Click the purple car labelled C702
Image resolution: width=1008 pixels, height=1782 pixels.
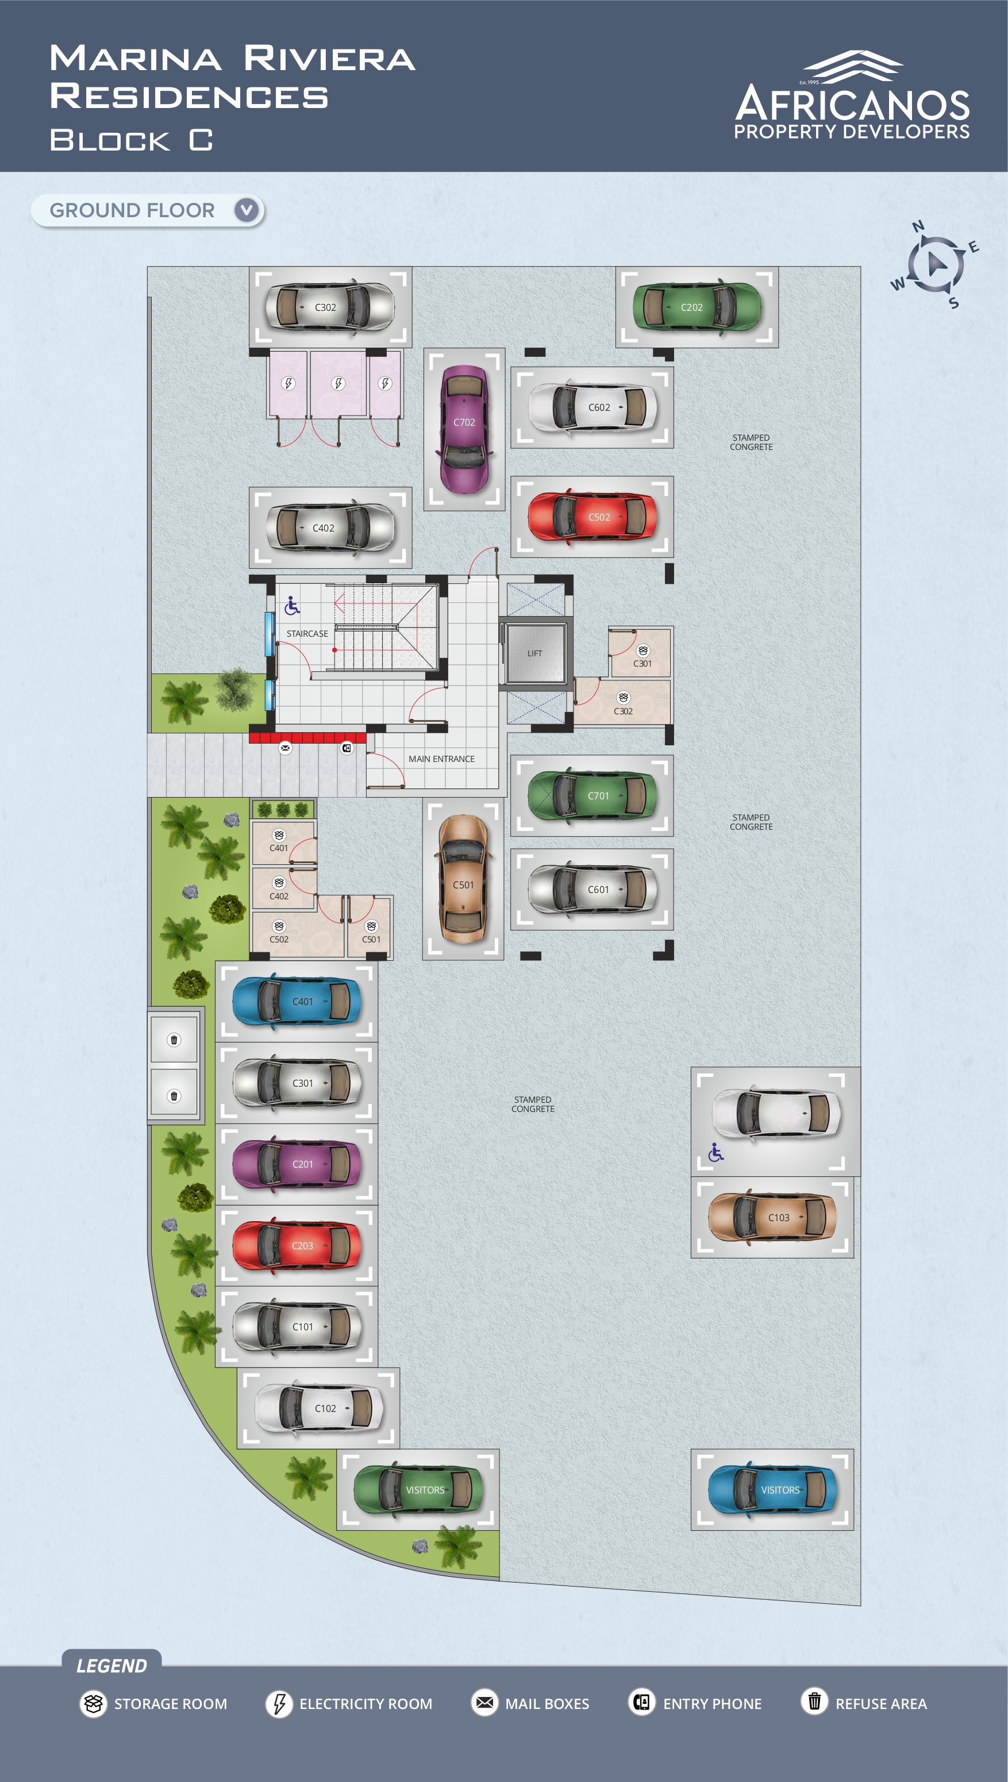pos(464,429)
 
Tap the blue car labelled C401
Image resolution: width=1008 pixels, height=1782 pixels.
pos(297,1002)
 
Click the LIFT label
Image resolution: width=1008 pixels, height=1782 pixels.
pos(534,653)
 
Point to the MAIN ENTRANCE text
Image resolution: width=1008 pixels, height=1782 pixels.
pos(442,759)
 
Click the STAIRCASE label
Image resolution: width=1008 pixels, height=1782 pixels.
pos(307,633)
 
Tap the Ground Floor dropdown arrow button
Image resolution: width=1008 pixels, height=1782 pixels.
pos(247,210)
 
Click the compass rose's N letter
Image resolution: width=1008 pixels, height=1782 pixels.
pos(918,226)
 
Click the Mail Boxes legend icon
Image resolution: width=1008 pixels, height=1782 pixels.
pos(484,1703)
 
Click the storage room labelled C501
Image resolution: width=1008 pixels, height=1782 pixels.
pos(370,927)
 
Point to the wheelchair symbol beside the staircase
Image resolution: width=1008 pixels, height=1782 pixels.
pos(292,606)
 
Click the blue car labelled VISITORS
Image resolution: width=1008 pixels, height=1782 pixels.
pos(772,1490)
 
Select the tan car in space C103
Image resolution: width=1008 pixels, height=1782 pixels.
pos(772,1217)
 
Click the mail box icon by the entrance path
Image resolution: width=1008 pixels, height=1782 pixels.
pos(285,748)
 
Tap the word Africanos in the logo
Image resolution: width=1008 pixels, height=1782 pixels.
pos(852,105)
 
